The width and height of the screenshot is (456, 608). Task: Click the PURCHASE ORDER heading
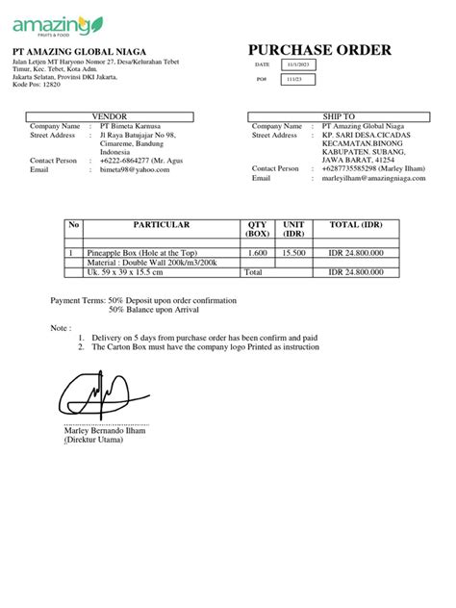point(319,50)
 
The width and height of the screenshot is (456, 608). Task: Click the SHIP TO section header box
point(332,116)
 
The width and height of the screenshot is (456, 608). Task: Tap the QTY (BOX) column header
point(258,229)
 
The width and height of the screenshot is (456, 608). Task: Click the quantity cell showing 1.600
point(258,252)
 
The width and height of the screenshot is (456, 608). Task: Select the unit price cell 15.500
point(293,252)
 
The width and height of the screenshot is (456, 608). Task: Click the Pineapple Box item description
point(139,252)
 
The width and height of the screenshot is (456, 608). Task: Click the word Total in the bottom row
point(254,272)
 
